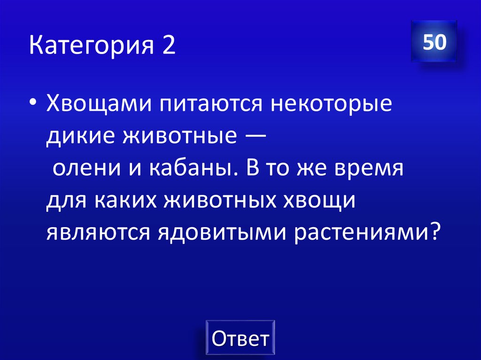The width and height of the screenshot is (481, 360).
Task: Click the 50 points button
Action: (434, 42)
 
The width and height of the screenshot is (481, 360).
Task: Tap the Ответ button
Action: (240, 338)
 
